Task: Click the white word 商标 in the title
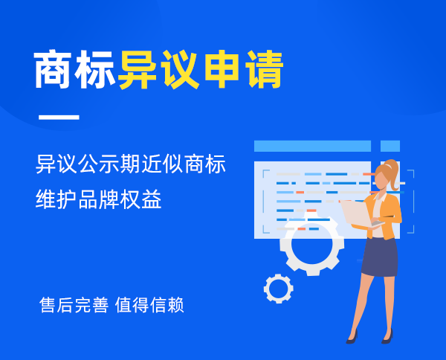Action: coord(75,69)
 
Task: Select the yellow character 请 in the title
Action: coord(264,69)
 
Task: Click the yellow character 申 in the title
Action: coord(222,69)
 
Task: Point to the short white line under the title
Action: coord(59,117)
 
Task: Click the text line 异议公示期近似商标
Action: coord(131,164)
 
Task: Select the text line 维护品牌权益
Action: coord(98,199)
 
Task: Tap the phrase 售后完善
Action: coord(74,305)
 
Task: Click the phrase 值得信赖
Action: coord(149,305)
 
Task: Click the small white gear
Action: coord(279,289)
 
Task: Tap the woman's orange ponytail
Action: coord(392,174)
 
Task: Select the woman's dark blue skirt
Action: coord(380,257)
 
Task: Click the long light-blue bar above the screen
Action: coord(312,146)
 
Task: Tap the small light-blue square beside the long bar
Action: coord(390,146)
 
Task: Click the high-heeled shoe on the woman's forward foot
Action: coord(352,338)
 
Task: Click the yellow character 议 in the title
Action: coord(180,69)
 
